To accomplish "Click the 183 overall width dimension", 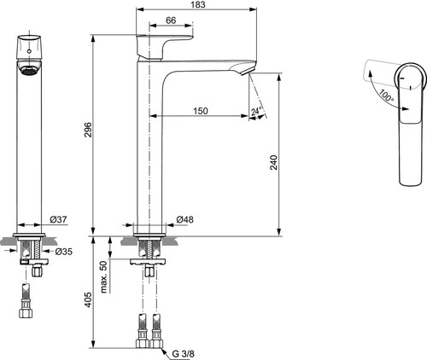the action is click(x=198, y=4).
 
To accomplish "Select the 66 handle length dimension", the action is click(x=171, y=20).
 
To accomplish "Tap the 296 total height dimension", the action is click(x=88, y=130).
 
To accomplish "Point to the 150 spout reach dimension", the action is click(x=201, y=111).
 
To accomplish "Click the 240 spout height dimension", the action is click(x=273, y=162).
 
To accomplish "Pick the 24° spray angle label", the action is click(x=256, y=111).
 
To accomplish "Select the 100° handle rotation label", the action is click(x=386, y=96).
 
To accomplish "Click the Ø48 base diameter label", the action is click(x=184, y=219).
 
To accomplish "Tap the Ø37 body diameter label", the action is click(x=58, y=219).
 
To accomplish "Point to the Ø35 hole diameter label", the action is click(x=64, y=252).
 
